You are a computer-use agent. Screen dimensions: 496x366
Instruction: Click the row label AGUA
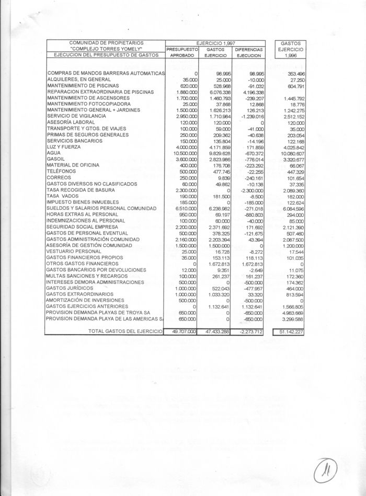coord(54,153)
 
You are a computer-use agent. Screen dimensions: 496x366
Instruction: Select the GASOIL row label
coord(56,159)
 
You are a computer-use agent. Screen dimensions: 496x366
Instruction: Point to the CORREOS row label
coord(59,178)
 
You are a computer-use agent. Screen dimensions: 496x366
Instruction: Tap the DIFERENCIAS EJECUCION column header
coord(251,52)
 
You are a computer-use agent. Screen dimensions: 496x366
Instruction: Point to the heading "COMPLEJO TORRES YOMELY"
coord(106,49)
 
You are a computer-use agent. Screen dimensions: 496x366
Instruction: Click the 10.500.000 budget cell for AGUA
coord(184,153)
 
